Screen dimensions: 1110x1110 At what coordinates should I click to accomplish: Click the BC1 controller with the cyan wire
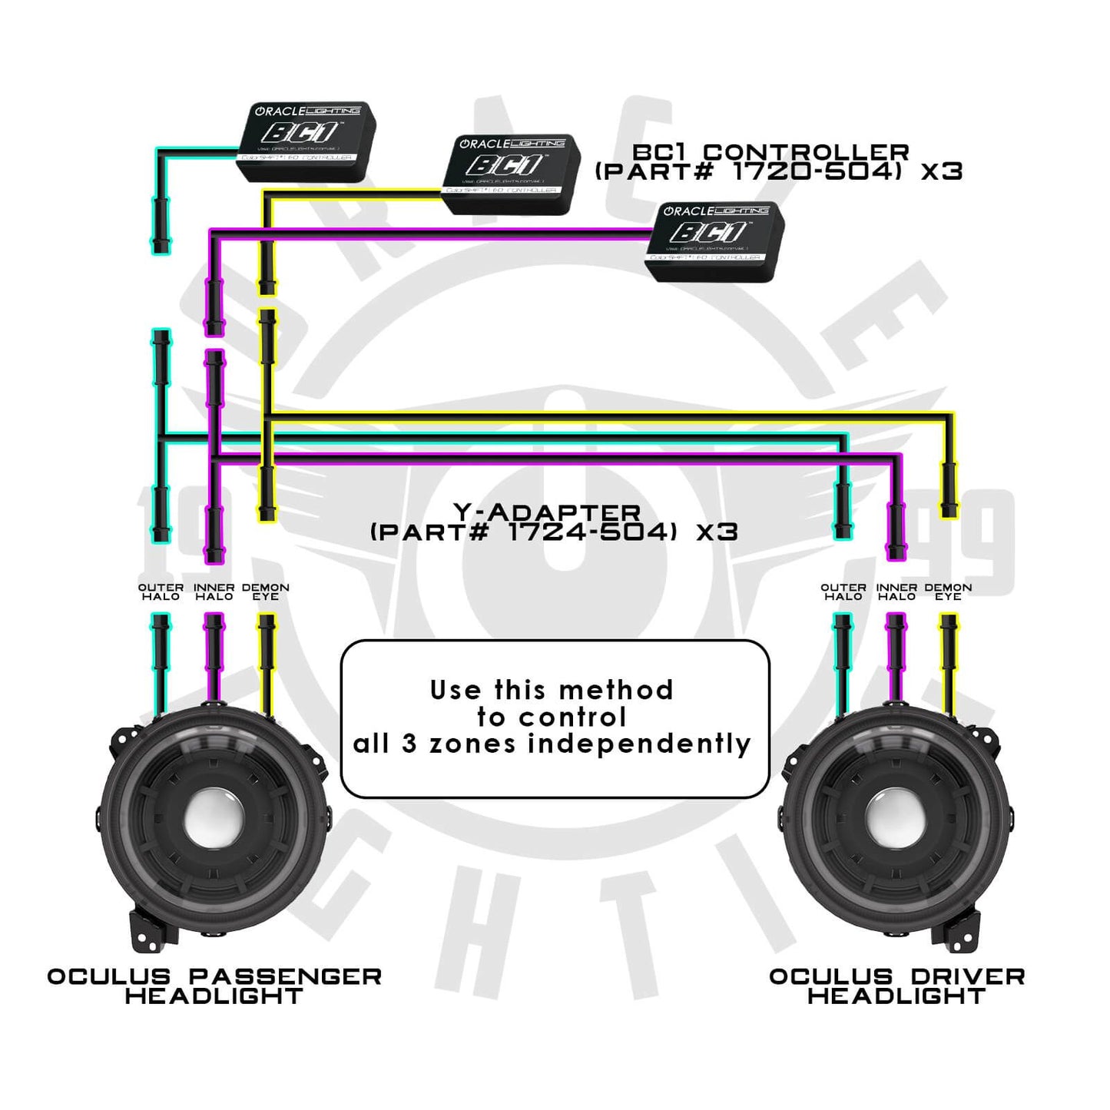[308, 141]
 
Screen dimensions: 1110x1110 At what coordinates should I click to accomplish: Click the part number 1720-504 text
[814, 171]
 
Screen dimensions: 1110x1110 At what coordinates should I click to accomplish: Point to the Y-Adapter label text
[547, 512]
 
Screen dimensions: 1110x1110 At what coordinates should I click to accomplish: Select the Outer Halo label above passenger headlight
[161, 591]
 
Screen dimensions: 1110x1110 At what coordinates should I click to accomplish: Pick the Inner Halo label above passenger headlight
[214, 591]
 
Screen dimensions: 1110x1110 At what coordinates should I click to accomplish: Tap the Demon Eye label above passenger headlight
[266, 591]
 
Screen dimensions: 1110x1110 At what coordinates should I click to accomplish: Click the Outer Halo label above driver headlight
[843, 591]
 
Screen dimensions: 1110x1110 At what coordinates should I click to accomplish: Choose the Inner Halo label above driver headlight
[896, 591]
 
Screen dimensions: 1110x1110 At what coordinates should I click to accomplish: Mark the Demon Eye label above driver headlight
[949, 591]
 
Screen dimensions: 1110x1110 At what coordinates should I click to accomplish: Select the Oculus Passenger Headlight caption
[214, 986]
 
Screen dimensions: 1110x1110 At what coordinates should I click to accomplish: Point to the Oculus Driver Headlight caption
[896, 986]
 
